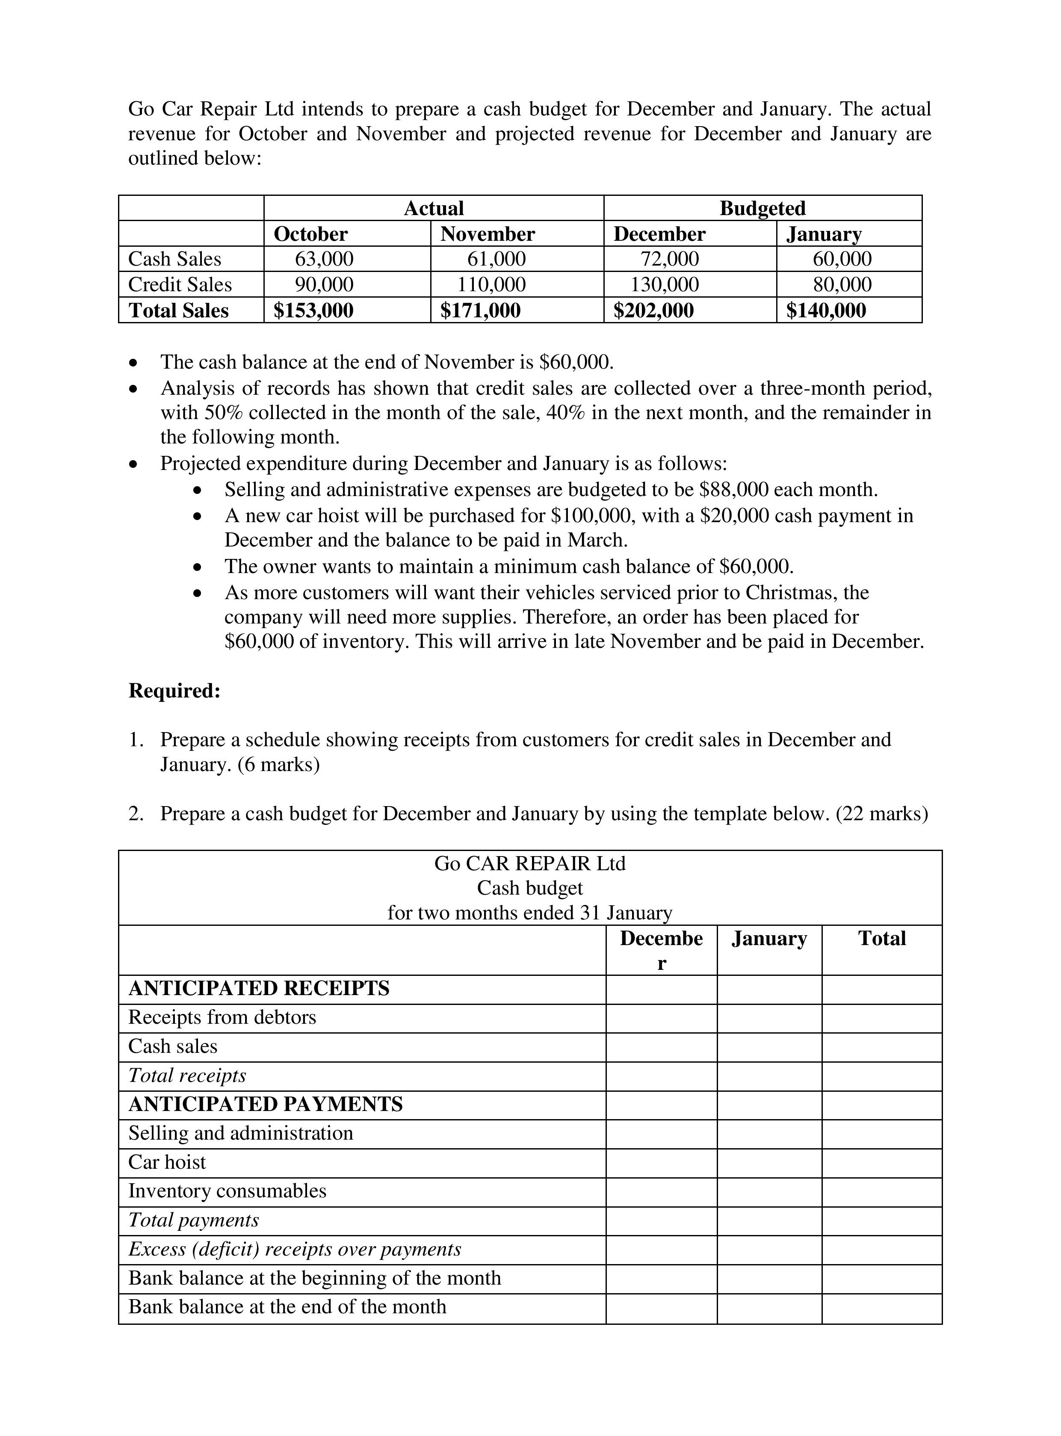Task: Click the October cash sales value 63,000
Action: (x=324, y=259)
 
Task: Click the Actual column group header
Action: (x=434, y=208)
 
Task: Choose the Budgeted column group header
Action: (x=763, y=208)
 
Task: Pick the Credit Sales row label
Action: (x=180, y=284)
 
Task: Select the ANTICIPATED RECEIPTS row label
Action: (x=259, y=988)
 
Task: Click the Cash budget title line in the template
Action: (x=530, y=888)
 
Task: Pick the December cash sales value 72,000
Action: (x=669, y=259)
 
